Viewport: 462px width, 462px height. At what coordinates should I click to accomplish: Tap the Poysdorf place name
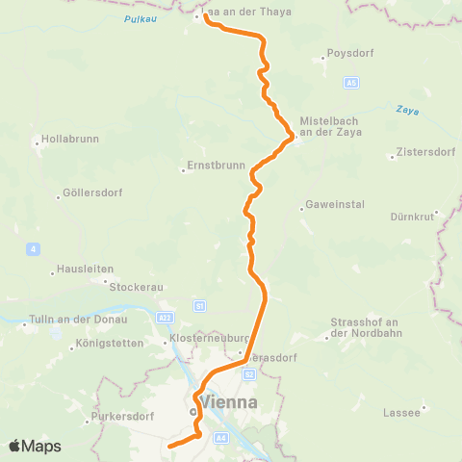[x=349, y=54]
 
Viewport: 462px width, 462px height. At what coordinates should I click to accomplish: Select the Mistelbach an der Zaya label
[x=327, y=127]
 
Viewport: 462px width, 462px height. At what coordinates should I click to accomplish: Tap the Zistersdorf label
[x=423, y=153]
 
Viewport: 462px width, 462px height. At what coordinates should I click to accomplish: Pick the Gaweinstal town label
[x=330, y=205]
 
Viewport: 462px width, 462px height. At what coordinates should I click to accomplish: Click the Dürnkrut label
[x=414, y=216]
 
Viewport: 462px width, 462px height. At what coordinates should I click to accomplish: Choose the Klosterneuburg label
[x=210, y=339]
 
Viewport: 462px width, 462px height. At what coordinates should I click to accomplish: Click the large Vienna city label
[x=228, y=401]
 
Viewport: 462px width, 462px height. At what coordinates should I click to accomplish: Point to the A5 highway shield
[x=352, y=84]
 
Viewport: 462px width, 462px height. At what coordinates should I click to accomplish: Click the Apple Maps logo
[x=35, y=446]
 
